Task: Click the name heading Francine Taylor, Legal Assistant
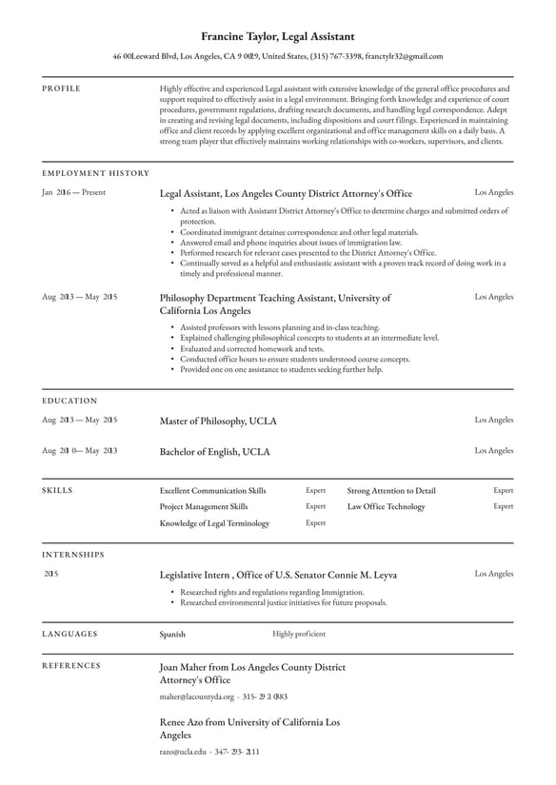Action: pyautogui.click(x=278, y=36)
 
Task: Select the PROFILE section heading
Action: pyautogui.click(x=62, y=88)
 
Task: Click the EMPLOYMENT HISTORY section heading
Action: pyautogui.click(x=95, y=173)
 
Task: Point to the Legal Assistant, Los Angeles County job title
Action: pyautogui.click(x=286, y=193)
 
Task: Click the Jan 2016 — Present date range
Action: pyautogui.click(x=74, y=192)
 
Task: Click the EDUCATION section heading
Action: pyautogui.click(x=69, y=401)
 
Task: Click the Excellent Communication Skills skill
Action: pyautogui.click(x=213, y=491)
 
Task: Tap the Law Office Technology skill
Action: pyautogui.click(x=386, y=507)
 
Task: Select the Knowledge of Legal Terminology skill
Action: pyautogui.click(x=214, y=523)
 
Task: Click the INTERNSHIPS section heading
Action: pyautogui.click(x=73, y=554)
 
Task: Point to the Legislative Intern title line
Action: pyautogui.click(x=278, y=575)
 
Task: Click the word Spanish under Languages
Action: pyautogui.click(x=172, y=634)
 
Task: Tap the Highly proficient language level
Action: pyautogui.click(x=299, y=634)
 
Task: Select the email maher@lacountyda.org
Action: pyautogui.click(x=196, y=697)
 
